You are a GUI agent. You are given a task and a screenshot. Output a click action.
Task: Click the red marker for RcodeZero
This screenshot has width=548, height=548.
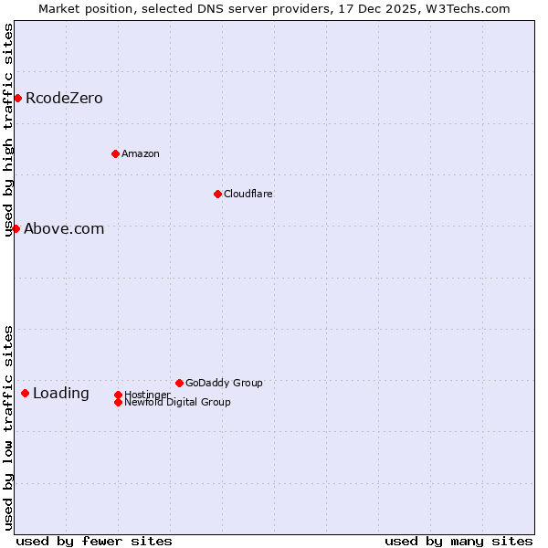pyautogui.click(x=17, y=98)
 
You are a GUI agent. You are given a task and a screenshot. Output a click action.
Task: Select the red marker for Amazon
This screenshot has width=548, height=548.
pyautogui.click(x=115, y=153)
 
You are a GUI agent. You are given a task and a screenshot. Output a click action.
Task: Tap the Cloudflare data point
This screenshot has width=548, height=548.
pyautogui.click(x=217, y=194)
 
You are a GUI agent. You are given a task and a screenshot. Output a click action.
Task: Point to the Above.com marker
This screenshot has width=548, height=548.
pyautogui.click(x=16, y=228)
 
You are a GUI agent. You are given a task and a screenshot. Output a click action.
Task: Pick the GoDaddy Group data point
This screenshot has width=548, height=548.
pyautogui.click(x=179, y=383)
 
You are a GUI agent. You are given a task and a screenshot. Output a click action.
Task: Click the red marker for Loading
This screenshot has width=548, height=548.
pyautogui.click(x=25, y=393)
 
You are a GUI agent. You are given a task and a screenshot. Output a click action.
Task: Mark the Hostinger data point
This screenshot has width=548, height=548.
pyautogui.click(x=118, y=395)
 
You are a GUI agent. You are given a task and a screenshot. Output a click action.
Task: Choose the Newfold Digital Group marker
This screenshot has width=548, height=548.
pyautogui.click(x=118, y=402)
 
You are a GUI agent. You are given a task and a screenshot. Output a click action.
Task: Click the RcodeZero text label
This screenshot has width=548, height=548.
pyautogui.click(x=64, y=98)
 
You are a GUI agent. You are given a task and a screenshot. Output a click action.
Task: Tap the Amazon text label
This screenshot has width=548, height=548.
pyautogui.click(x=141, y=153)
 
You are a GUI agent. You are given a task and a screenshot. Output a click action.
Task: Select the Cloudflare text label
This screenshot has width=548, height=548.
pyautogui.click(x=248, y=194)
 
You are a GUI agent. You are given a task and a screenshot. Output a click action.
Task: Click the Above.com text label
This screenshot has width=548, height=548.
pyautogui.click(x=64, y=228)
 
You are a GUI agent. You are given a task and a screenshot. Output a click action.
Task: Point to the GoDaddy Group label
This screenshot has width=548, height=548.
pyautogui.click(x=224, y=383)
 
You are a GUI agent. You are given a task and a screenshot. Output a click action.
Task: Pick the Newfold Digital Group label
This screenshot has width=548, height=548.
pyautogui.click(x=177, y=402)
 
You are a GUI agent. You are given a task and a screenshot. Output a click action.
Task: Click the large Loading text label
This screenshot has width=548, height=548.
pyautogui.click(x=61, y=394)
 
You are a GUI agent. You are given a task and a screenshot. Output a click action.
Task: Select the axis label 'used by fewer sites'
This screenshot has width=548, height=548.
pyautogui.click(x=94, y=541)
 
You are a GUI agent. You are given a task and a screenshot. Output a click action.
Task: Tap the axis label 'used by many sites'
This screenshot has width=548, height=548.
pyautogui.click(x=458, y=541)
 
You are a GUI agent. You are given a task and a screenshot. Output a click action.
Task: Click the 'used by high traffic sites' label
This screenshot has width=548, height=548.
pyautogui.click(x=9, y=130)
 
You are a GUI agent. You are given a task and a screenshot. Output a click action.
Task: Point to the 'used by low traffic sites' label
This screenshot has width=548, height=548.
pyautogui.click(x=9, y=427)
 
